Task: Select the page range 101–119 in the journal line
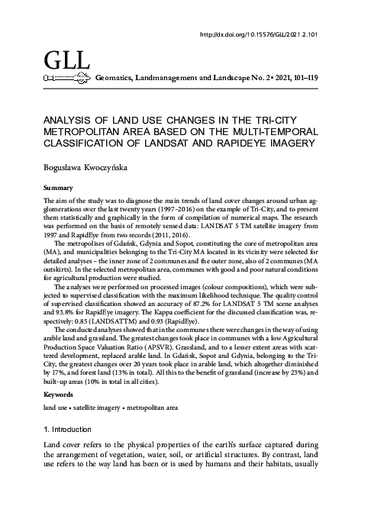[305, 78]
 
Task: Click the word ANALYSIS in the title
[73, 120]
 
